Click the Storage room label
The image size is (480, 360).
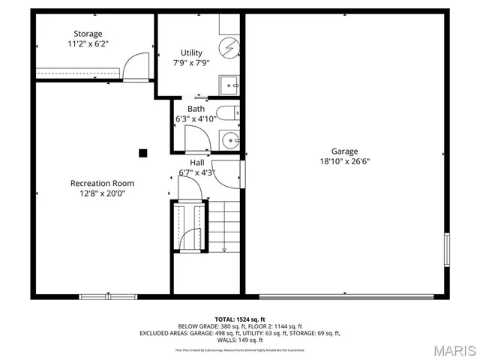click(x=87, y=34)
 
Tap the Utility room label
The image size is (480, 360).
click(x=191, y=52)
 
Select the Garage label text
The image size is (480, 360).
click(x=345, y=151)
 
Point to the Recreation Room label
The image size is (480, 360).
click(x=102, y=183)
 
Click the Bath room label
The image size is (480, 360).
click(x=196, y=109)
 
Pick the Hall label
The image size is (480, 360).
click(x=197, y=163)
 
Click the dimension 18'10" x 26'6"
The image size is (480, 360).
click(x=345, y=160)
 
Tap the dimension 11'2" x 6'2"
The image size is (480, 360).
click(x=88, y=43)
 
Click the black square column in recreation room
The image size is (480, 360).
click(x=142, y=153)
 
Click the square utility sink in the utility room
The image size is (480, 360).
click(x=229, y=84)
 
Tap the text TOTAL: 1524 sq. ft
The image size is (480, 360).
click(x=240, y=319)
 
